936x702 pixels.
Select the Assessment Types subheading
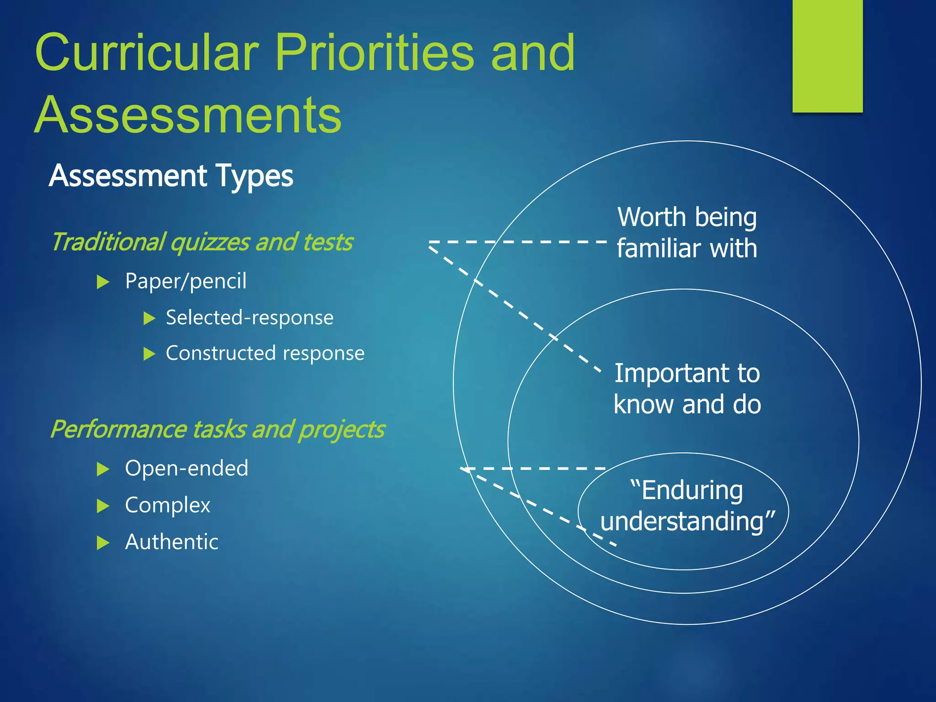click(171, 176)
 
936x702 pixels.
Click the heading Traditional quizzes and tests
click(202, 242)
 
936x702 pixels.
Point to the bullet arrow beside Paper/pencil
click(103, 282)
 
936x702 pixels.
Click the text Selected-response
click(250, 318)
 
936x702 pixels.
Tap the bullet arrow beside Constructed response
click(149, 354)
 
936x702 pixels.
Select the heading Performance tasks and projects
click(217, 430)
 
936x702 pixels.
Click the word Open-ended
click(186, 468)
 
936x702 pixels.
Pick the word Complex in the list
click(167, 505)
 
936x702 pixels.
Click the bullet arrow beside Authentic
click(103, 543)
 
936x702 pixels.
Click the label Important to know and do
click(686, 388)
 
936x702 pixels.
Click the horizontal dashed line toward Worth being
click(516, 241)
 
